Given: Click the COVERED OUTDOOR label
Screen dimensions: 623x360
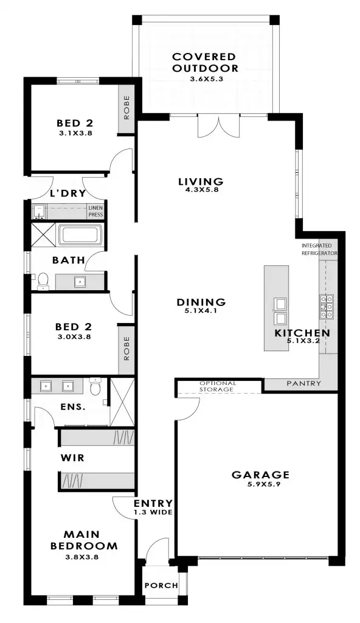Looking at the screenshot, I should pyautogui.click(x=205, y=62).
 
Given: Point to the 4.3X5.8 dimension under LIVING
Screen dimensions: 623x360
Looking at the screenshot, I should pyautogui.click(x=201, y=190).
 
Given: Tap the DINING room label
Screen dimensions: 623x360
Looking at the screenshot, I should pyautogui.click(x=201, y=302).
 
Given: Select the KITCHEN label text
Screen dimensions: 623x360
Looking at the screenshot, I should pyautogui.click(x=302, y=333).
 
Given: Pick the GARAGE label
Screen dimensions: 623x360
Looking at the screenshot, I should pyautogui.click(x=260, y=475).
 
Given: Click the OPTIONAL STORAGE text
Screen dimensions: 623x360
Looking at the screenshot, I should pyautogui.click(x=217, y=386).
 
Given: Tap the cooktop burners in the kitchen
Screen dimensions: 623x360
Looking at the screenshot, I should pyautogui.click(x=326, y=307).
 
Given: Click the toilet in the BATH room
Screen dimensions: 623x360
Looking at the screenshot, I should pyautogui.click(x=43, y=280).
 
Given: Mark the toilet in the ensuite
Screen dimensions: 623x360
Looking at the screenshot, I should pyautogui.click(x=94, y=387).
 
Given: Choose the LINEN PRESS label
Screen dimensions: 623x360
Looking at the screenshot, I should pyautogui.click(x=95, y=211).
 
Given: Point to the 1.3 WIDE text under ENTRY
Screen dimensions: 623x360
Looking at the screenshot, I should pyautogui.click(x=153, y=512).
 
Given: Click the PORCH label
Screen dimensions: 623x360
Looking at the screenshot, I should pyautogui.click(x=161, y=585).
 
